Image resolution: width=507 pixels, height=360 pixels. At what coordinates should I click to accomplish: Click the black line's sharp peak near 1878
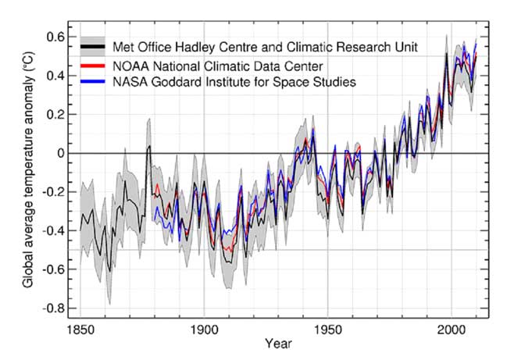pos(149,146)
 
